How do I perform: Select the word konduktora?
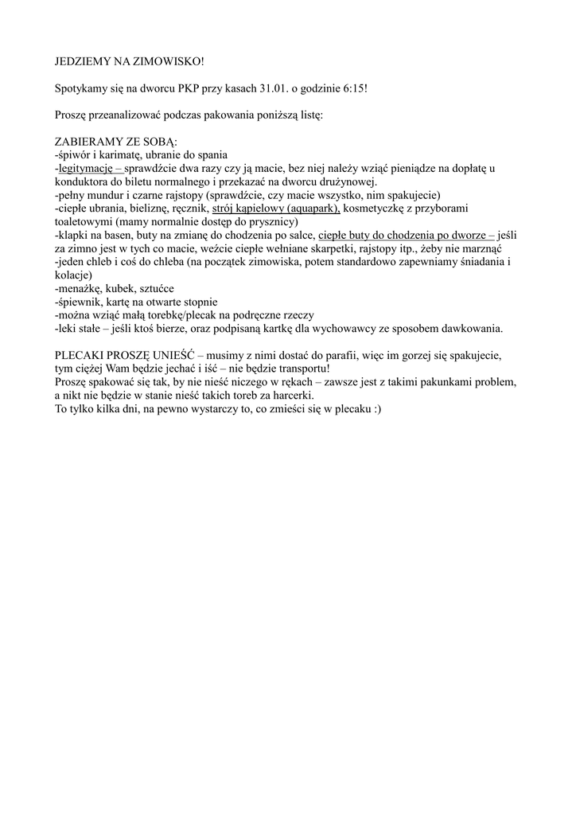pyautogui.click(x=83, y=181)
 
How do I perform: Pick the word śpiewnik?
pyautogui.click(x=80, y=302)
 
